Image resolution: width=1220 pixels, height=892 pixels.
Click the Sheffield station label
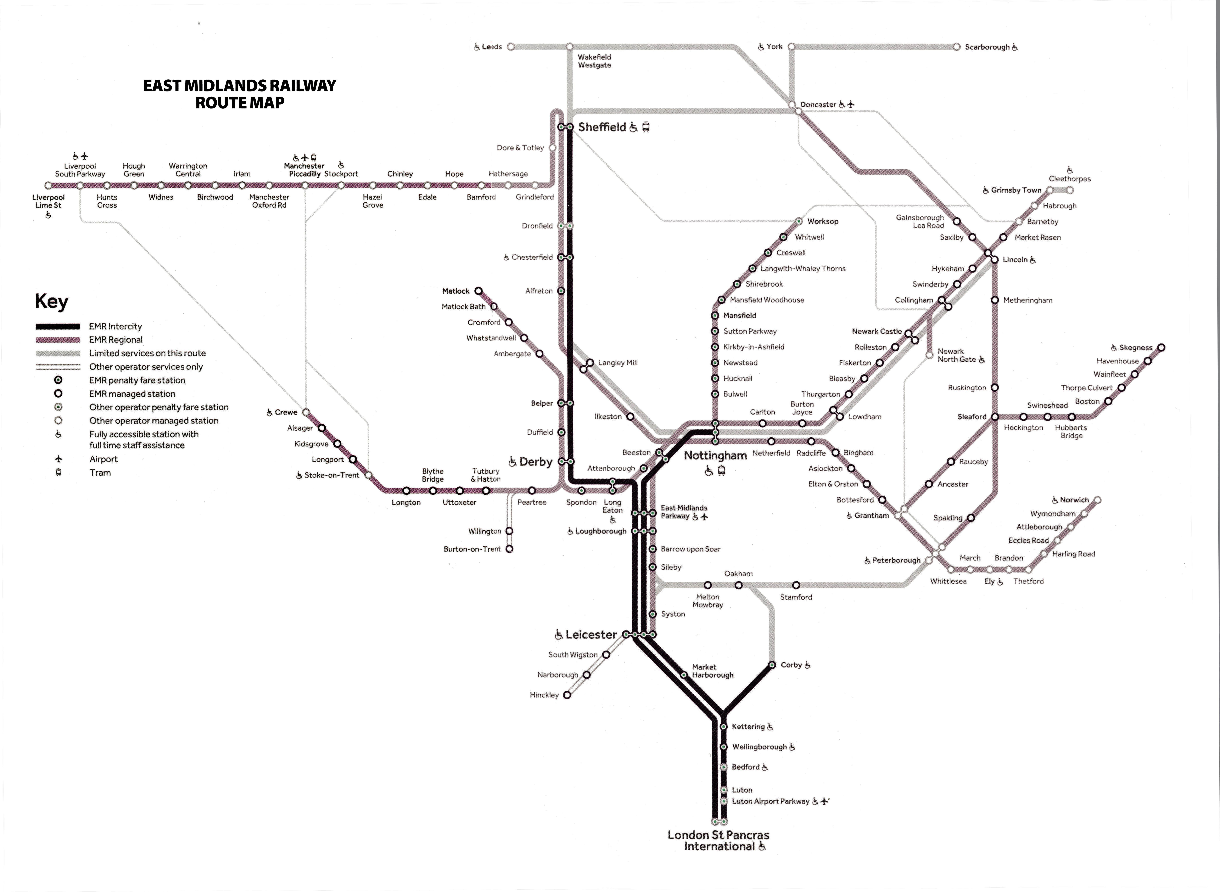[x=602, y=127]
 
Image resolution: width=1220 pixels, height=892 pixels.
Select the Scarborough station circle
[x=956, y=47]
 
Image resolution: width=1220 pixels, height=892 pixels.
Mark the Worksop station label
[x=823, y=221]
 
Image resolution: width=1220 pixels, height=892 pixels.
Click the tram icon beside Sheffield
[x=646, y=127]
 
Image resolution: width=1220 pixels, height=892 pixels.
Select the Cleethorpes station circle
[x=1070, y=190]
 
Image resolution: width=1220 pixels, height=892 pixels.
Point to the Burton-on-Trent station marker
[x=509, y=549]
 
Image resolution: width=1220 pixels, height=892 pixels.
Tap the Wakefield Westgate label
[x=594, y=61]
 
